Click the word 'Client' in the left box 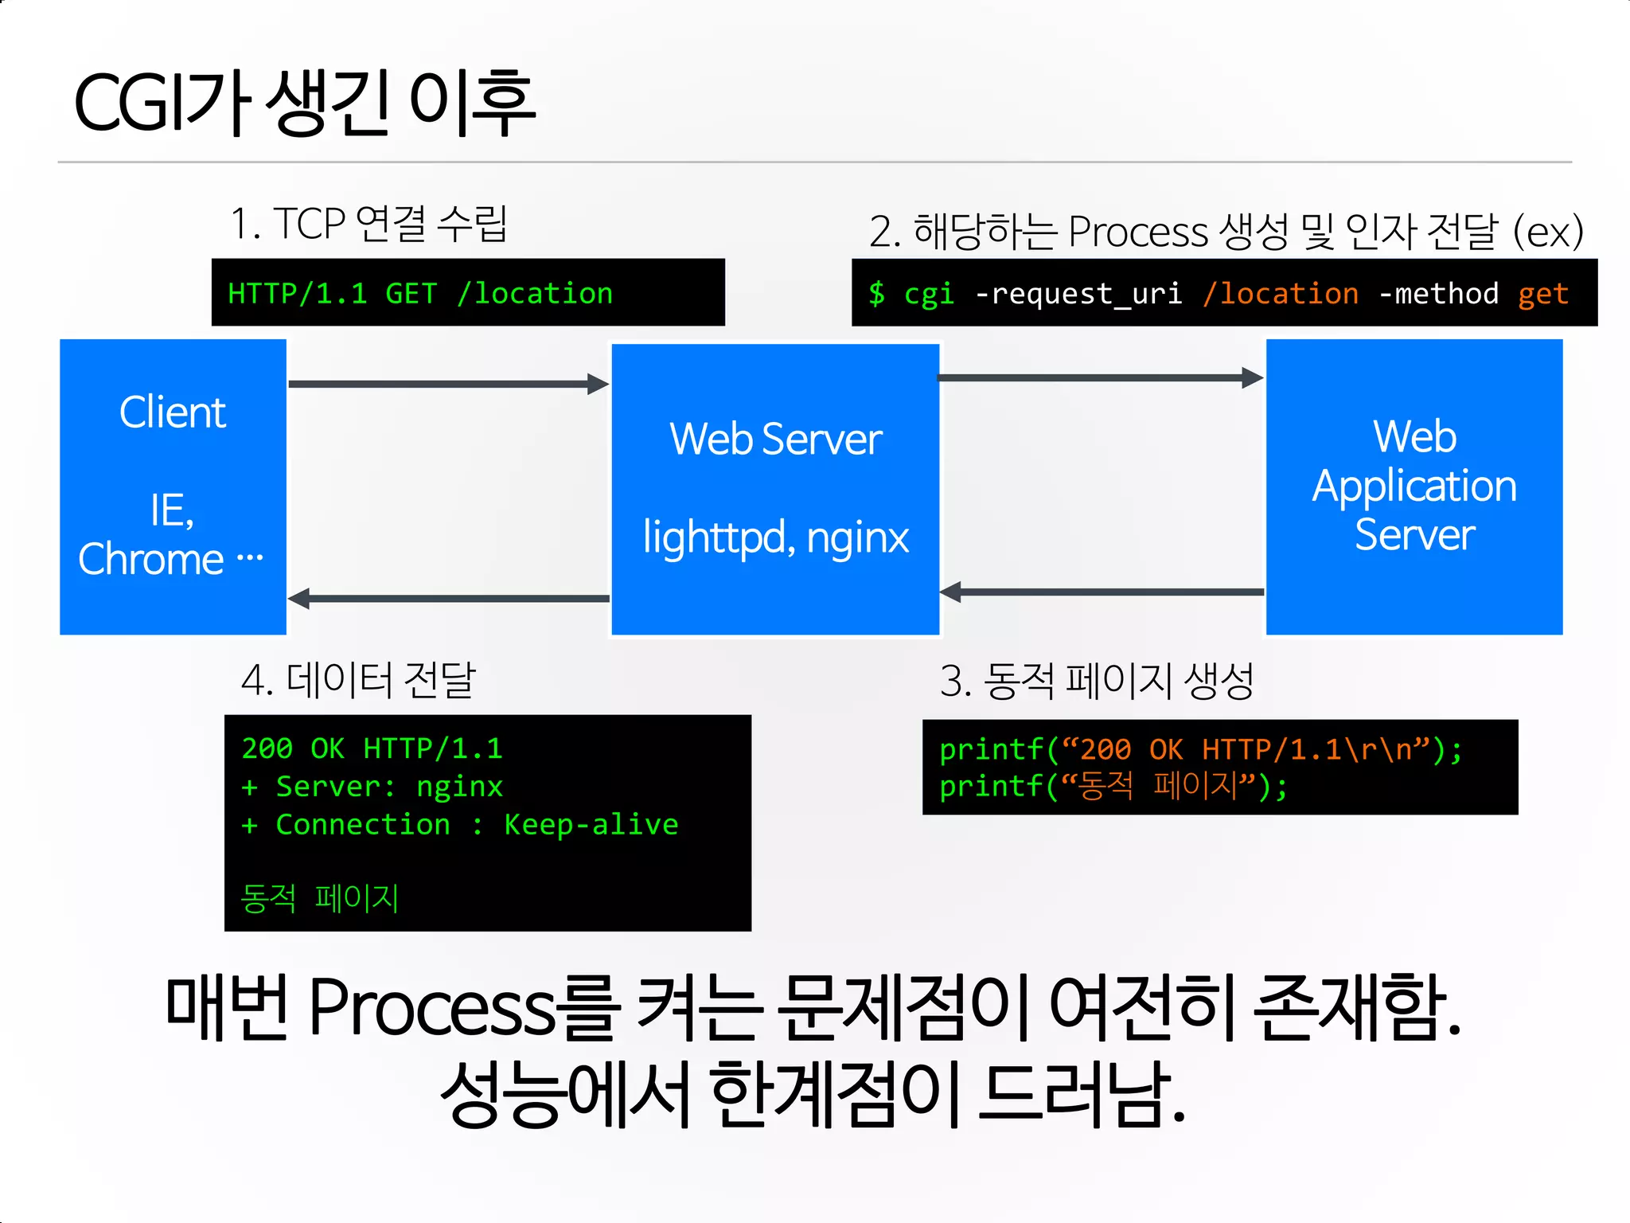click(x=173, y=412)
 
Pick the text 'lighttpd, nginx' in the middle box click(x=775, y=537)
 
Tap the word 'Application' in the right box click(x=1414, y=486)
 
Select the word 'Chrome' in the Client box click(x=151, y=559)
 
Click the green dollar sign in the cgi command click(x=876, y=293)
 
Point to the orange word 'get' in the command click(x=1542, y=294)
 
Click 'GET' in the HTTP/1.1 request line click(x=411, y=293)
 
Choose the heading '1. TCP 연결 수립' click(x=369, y=223)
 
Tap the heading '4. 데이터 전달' click(x=358, y=680)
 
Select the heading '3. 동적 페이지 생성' click(x=1097, y=681)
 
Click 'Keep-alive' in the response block click(x=591, y=825)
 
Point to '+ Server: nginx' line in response click(x=372, y=787)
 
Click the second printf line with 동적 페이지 click(x=1113, y=787)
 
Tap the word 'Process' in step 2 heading click(x=1137, y=232)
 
